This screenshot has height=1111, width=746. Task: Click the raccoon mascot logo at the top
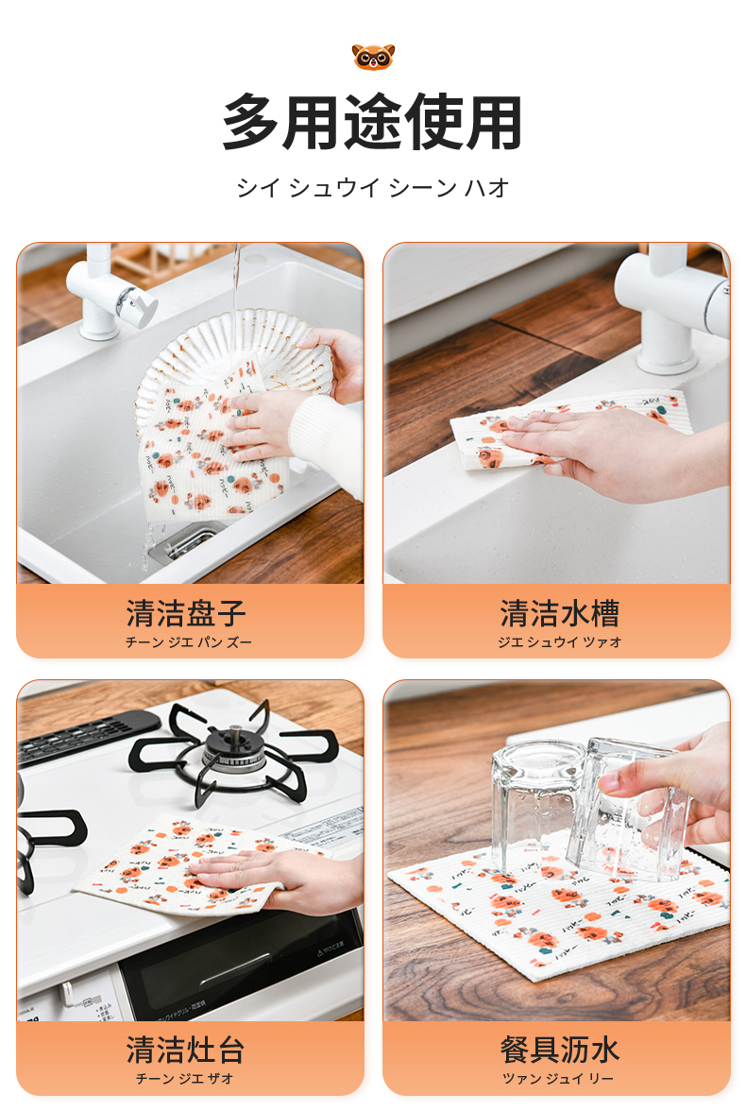373,57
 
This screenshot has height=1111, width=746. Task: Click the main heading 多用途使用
373,123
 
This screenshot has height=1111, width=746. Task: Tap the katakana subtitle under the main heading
373,188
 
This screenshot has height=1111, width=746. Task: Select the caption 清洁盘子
186,613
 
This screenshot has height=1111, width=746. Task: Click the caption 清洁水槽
560,613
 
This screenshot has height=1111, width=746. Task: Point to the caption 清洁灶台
186,1050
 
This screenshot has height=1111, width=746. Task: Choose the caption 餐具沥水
560,1050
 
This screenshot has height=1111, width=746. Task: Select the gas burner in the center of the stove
234,755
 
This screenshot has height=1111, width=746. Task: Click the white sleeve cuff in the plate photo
326,439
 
